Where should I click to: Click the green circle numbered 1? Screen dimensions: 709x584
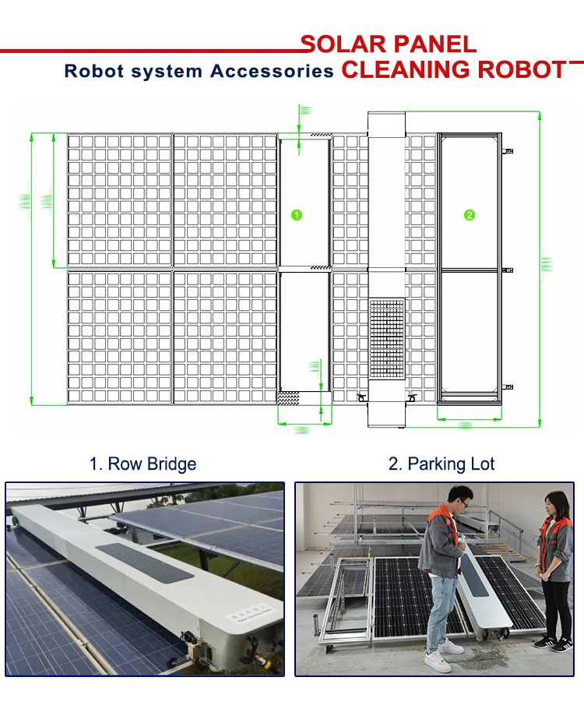point(296,215)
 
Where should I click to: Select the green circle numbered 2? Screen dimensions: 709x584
point(469,215)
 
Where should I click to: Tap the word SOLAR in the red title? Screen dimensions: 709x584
point(343,44)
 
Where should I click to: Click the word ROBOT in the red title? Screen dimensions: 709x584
point(521,69)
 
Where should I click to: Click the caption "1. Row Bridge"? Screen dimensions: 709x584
point(142,464)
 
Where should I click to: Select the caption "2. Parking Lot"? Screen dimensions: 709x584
point(442,464)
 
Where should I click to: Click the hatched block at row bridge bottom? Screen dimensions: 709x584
point(288,397)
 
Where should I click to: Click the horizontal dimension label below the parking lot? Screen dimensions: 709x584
point(466,425)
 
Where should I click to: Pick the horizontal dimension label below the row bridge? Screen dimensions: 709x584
point(302,429)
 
